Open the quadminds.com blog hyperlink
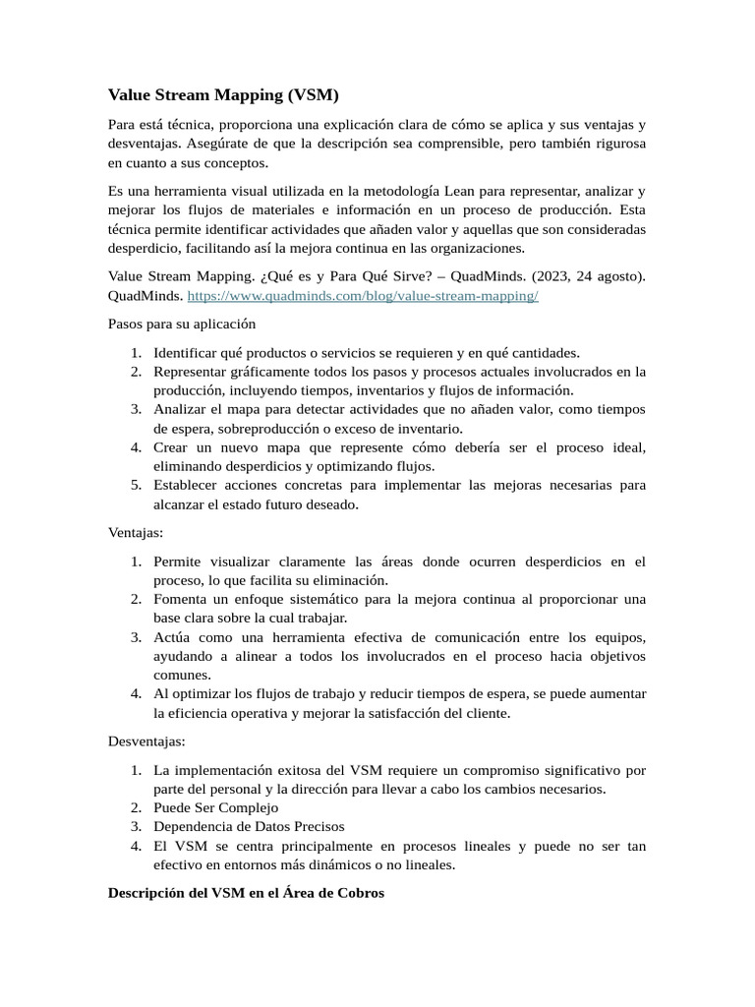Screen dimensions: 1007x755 (x=363, y=296)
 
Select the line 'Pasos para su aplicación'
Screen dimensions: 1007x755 (x=181, y=325)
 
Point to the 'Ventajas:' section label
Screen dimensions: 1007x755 (x=136, y=533)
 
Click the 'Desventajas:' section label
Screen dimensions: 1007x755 (x=146, y=740)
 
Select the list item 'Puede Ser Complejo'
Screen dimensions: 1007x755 (x=215, y=807)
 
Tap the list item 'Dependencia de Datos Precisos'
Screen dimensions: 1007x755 (x=249, y=826)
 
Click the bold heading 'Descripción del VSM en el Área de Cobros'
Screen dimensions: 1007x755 (x=246, y=893)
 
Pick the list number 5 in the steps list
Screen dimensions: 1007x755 (x=137, y=486)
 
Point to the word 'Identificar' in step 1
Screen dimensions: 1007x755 (x=186, y=353)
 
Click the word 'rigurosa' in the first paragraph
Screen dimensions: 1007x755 (x=613, y=144)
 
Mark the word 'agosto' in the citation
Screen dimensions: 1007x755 (x=617, y=277)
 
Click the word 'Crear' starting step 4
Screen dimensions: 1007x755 (x=171, y=447)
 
